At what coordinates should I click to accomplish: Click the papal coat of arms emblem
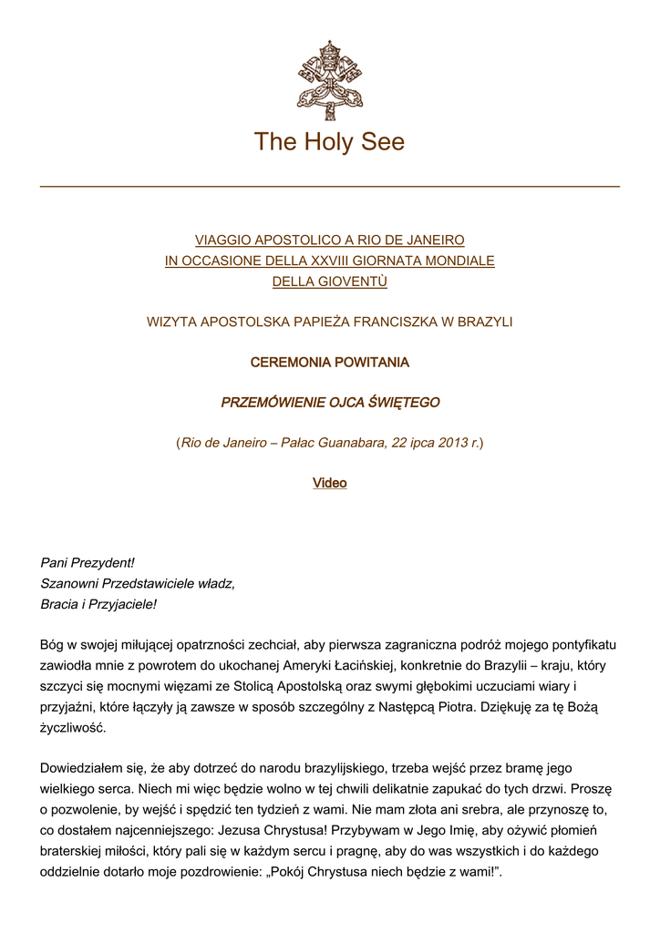coord(329,79)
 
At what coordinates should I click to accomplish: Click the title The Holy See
coord(329,142)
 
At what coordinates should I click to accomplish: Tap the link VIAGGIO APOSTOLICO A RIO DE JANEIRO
coord(329,241)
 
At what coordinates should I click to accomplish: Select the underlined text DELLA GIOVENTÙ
coord(329,282)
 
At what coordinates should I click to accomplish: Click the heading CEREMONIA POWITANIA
coord(329,363)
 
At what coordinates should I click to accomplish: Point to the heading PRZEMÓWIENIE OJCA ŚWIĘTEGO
coord(329,402)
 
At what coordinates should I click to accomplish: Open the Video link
coord(329,483)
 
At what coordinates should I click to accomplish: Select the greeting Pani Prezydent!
coord(88,563)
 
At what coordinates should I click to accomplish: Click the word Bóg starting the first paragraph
coord(53,645)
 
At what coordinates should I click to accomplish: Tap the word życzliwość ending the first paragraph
coord(73,727)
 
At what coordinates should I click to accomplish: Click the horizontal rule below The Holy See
coord(329,187)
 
